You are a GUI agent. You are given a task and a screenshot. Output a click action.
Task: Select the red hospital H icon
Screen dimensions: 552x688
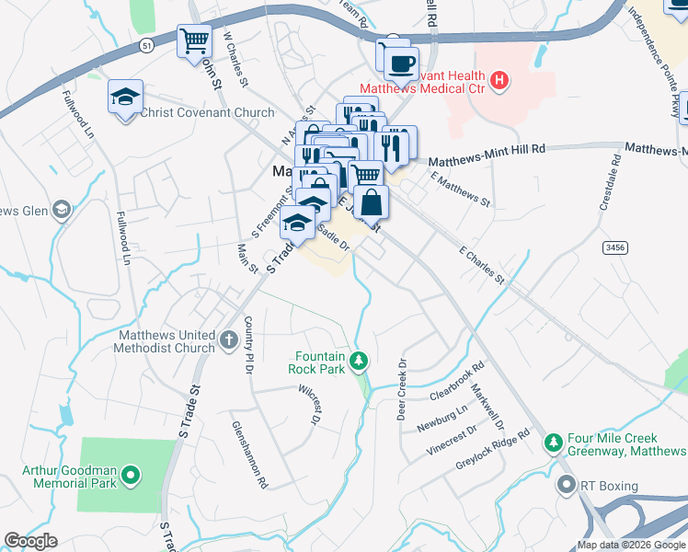click(499, 81)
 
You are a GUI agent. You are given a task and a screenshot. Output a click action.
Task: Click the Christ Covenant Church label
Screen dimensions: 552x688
click(207, 113)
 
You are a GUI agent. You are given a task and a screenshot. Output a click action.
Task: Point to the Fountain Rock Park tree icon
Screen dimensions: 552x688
click(361, 360)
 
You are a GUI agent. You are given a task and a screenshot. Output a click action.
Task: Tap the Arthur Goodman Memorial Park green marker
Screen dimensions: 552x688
click(131, 476)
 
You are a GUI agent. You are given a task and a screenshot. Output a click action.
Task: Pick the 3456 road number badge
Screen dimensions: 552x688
click(614, 247)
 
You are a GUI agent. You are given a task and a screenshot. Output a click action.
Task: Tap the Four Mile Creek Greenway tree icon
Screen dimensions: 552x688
click(553, 443)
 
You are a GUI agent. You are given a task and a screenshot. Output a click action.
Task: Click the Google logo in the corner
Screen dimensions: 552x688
click(30, 541)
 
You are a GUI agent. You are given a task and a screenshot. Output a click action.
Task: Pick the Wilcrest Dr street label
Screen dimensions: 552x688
click(308, 405)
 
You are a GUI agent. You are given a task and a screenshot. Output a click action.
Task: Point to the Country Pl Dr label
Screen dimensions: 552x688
click(247, 345)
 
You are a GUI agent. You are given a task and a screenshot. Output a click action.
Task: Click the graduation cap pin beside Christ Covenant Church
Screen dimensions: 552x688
click(126, 97)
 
